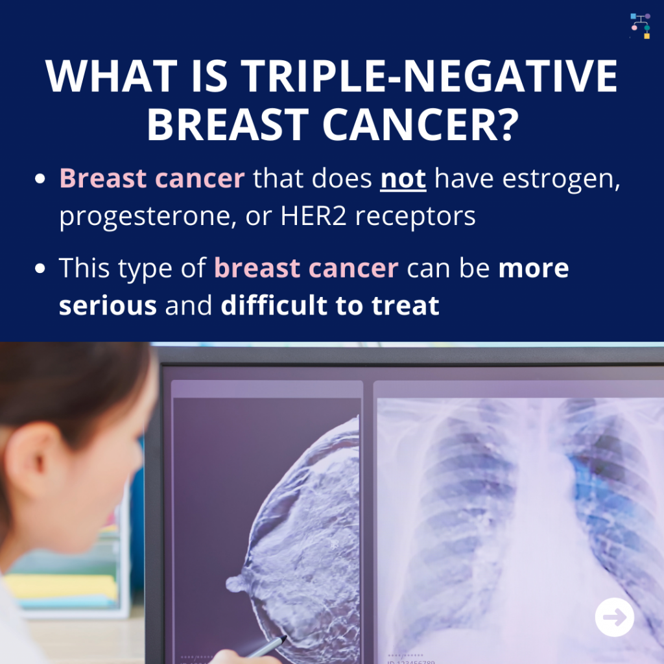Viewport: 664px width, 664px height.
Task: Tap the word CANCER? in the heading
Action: point(421,124)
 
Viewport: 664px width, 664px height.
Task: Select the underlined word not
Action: point(403,179)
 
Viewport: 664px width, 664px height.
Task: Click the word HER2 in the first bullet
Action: point(313,216)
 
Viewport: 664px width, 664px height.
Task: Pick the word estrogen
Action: point(561,180)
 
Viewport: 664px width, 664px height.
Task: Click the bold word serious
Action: point(108,305)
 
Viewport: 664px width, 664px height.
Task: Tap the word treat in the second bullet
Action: point(405,306)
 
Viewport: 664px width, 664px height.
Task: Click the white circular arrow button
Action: point(615,617)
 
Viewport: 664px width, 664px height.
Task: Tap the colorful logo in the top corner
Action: point(640,26)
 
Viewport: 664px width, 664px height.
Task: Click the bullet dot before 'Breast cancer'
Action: point(40,178)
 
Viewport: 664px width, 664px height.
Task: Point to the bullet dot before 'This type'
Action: point(40,268)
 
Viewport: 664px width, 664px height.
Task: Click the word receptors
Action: point(415,217)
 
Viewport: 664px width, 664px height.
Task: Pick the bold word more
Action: point(534,268)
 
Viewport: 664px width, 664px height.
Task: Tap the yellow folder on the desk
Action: point(62,586)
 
